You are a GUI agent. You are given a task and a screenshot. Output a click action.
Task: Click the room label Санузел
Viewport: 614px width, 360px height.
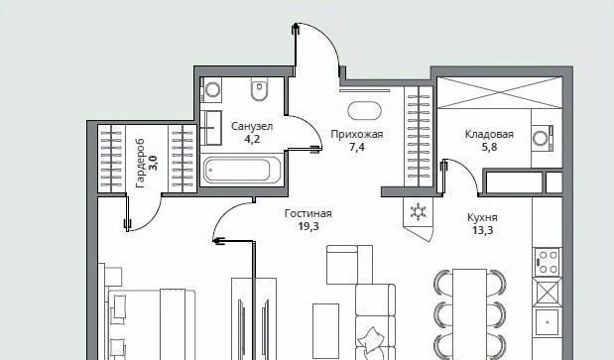pyautogui.click(x=252, y=126)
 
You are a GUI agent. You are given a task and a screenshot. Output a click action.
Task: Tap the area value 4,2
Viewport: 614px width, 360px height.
pyautogui.click(x=252, y=139)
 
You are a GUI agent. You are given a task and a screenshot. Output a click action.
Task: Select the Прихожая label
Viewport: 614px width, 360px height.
pyautogui.click(x=357, y=135)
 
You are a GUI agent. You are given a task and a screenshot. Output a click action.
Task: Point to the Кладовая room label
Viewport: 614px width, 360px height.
pyautogui.click(x=489, y=135)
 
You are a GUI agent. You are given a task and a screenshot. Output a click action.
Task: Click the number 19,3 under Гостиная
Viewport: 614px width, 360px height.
pyautogui.click(x=308, y=226)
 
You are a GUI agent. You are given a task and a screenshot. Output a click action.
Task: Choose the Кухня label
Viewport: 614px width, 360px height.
pyautogui.click(x=482, y=217)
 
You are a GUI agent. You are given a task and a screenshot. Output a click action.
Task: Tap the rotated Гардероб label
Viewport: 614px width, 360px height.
pyautogui.click(x=140, y=164)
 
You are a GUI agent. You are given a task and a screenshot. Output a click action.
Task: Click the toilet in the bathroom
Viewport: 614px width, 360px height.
pyautogui.click(x=259, y=89)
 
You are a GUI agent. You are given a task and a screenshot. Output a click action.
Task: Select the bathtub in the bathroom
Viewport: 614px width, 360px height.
pyautogui.click(x=242, y=171)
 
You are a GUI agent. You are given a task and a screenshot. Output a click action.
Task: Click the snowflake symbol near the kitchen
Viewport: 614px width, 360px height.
pyautogui.click(x=419, y=211)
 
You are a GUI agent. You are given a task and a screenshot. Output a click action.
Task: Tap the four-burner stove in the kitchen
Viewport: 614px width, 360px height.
pyautogui.click(x=548, y=262)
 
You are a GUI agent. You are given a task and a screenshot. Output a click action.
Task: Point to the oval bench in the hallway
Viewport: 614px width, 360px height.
pyautogui.click(x=364, y=111)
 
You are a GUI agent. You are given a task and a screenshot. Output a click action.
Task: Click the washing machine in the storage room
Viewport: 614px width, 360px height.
pyautogui.click(x=543, y=139)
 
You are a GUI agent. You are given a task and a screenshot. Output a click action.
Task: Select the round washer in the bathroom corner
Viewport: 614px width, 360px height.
pyautogui.click(x=211, y=90)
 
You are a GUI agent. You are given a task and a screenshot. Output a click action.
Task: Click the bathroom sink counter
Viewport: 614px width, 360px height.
pyautogui.click(x=211, y=128)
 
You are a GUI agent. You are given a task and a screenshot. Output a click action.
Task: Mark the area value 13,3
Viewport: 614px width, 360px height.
pyautogui.click(x=482, y=230)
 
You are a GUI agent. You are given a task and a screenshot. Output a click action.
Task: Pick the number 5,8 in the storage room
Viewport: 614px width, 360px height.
pyautogui.click(x=489, y=147)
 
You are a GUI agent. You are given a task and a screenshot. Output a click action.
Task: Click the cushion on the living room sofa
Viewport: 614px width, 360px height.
pyautogui.click(x=369, y=340)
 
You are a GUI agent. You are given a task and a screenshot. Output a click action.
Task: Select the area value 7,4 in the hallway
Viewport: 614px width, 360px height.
pyautogui.click(x=357, y=147)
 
